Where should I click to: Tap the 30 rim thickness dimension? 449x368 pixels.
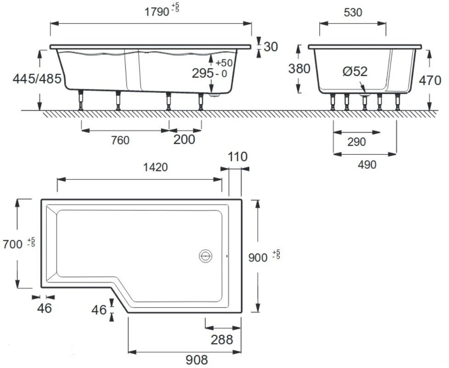pyautogui.click(x=271, y=46)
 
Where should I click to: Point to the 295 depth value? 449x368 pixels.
pyautogui.click(x=202, y=74)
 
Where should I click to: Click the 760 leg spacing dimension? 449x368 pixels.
pyautogui.click(x=120, y=140)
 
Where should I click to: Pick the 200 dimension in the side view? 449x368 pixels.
pyautogui.click(x=184, y=139)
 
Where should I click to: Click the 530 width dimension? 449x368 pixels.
pyautogui.click(x=353, y=12)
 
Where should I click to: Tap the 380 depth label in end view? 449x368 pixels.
pyautogui.click(x=299, y=69)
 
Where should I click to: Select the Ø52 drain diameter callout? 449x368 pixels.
pyautogui.click(x=355, y=72)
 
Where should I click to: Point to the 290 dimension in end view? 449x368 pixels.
pyautogui.click(x=356, y=142)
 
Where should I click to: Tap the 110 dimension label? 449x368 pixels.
pyautogui.click(x=237, y=157)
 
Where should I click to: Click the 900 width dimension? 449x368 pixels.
pyautogui.click(x=258, y=257)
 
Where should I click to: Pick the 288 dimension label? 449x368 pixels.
pyautogui.click(x=222, y=339)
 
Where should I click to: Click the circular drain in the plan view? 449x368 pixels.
pyautogui.click(x=205, y=256)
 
